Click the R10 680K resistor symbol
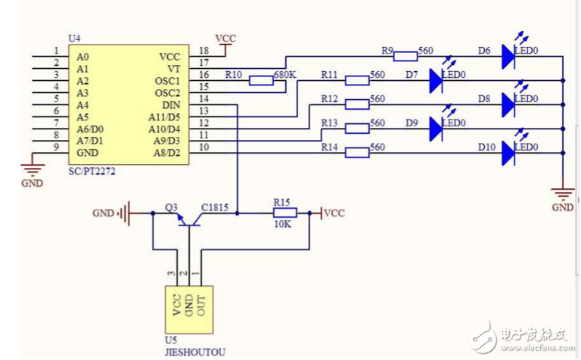262,80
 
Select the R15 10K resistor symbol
284,213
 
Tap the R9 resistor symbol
405,55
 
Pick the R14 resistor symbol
356,153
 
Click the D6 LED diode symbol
508,56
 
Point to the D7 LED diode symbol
436,80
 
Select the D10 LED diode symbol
508,153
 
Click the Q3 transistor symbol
184,218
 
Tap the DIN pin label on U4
171,105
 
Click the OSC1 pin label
167,81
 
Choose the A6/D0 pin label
90,129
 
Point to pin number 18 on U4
204,51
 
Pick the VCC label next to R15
334,213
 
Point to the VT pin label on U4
174,69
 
